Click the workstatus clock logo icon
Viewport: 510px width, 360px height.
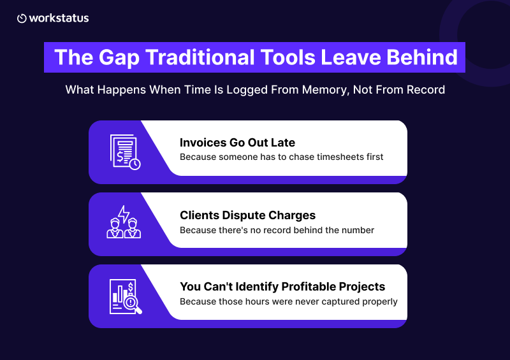[x=22, y=18]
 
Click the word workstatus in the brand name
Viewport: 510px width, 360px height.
[x=59, y=18]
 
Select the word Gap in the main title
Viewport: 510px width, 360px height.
[x=119, y=58]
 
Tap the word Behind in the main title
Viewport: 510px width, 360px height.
[x=422, y=57]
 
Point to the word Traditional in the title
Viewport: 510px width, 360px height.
[x=200, y=57]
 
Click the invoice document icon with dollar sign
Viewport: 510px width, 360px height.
[x=125, y=152]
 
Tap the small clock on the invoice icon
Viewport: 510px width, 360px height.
[x=135, y=164]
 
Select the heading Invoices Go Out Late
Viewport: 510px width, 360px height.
[x=237, y=143]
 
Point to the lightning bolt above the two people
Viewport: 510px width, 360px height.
[x=124, y=214]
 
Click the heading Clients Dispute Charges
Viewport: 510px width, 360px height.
[x=247, y=215]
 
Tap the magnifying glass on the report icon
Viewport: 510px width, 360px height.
[x=133, y=304]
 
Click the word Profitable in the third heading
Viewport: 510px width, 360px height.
[x=309, y=287]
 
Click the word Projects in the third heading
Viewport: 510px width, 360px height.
[x=362, y=287]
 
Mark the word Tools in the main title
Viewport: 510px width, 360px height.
[x=288, y=57]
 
